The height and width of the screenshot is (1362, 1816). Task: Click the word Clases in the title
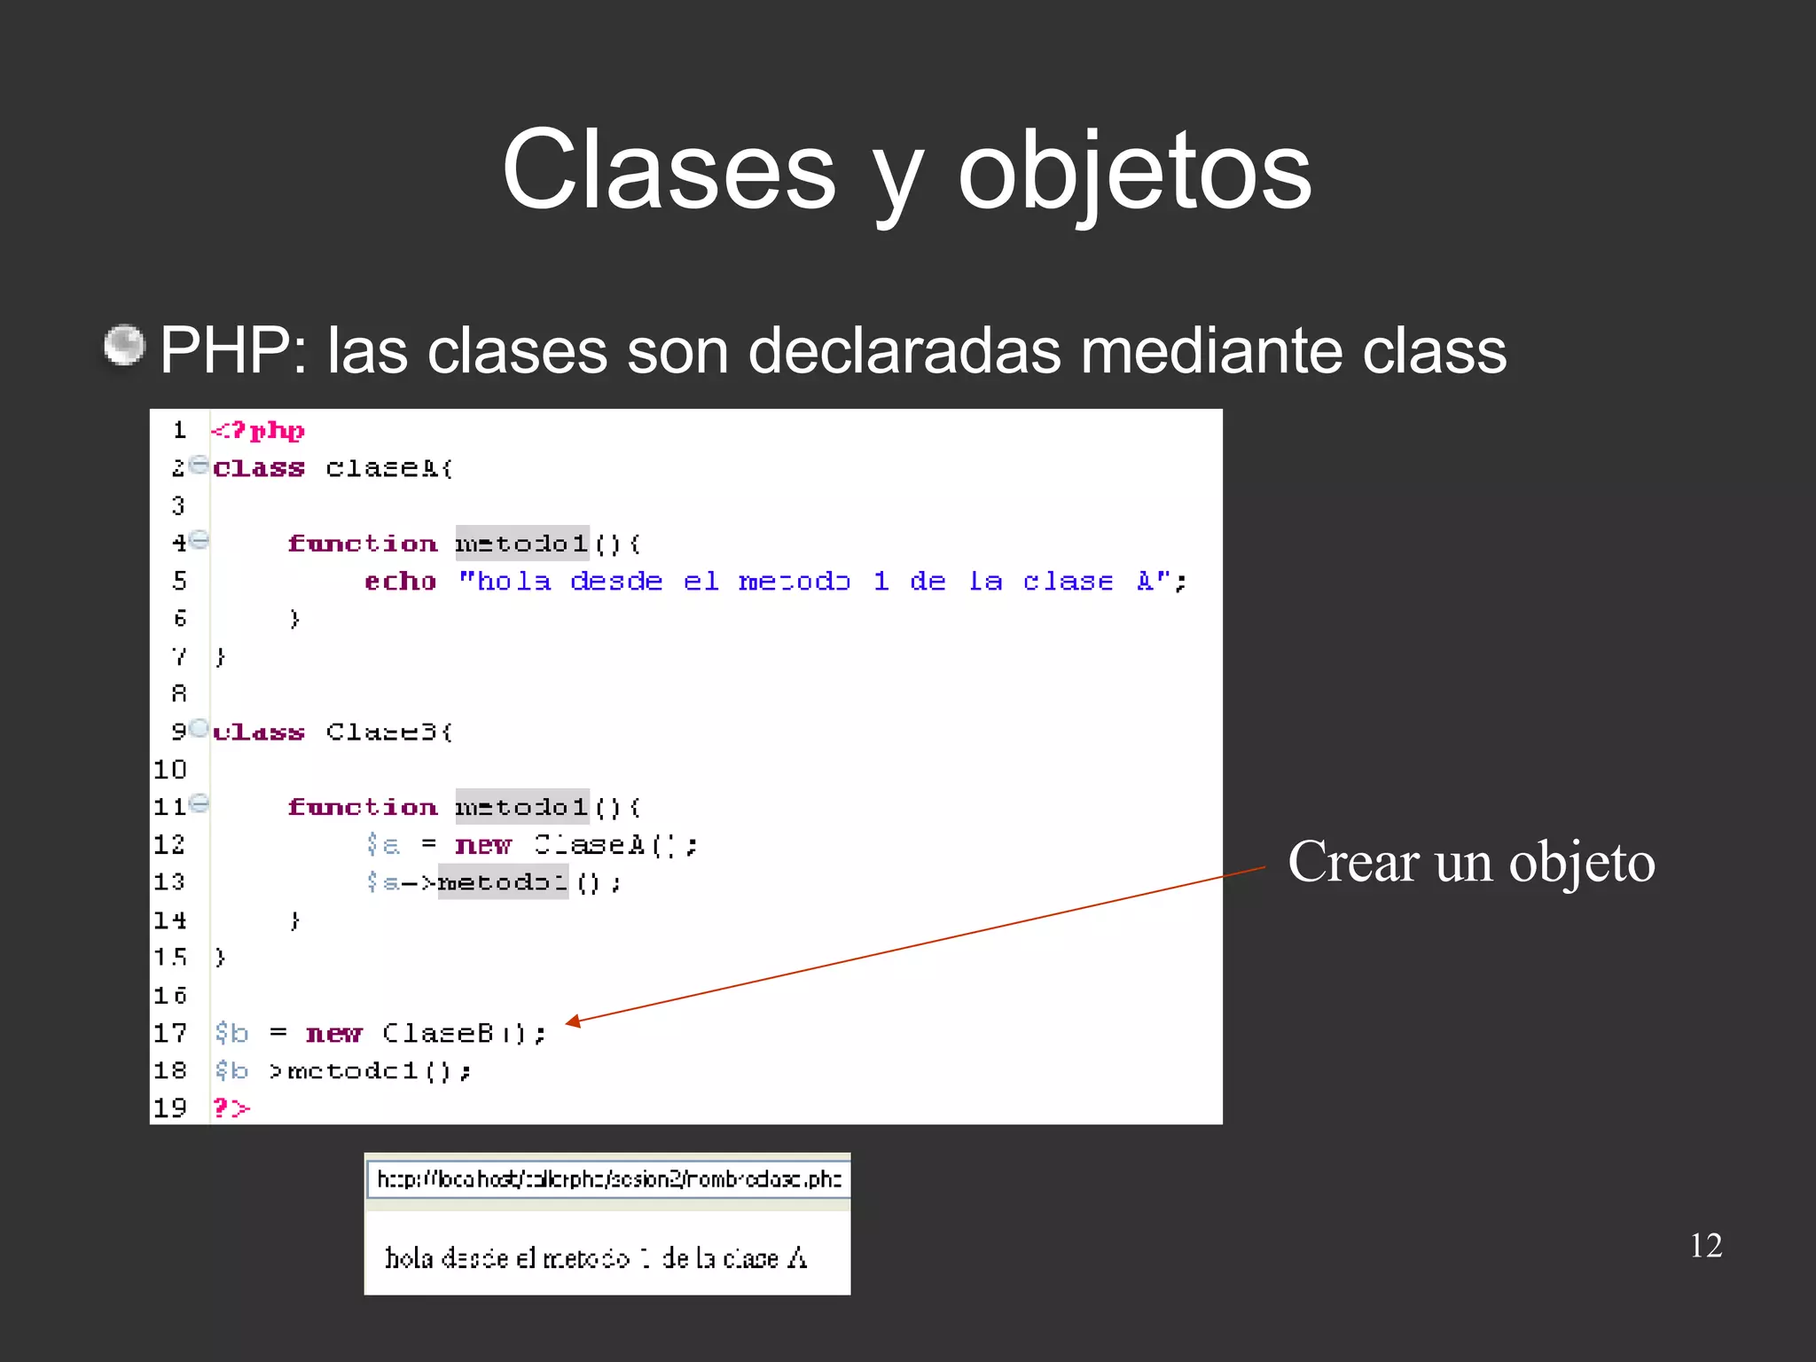pos(669,170)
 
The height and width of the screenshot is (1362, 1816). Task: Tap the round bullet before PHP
pos(124,345)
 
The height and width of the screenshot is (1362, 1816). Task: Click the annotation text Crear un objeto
pos(1471,862)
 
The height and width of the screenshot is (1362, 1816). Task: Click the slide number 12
pos(1705,1246)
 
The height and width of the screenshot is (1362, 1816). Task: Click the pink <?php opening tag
pos(258,431)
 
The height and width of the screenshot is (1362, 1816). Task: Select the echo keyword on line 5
pos(401,582)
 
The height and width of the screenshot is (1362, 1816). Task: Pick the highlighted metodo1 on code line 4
pos(521,543)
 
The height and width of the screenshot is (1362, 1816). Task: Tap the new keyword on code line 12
pos(483,845)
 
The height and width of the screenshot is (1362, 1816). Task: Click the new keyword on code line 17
pos(333,1034)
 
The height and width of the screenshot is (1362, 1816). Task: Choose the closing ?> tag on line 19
pos(231,1108)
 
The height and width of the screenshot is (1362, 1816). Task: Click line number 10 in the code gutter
pos(170,770)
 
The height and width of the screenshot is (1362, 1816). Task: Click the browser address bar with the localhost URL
pos(608,1179)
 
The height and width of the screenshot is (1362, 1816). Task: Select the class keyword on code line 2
pos(259,468)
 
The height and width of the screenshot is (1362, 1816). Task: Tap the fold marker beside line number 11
pos(200,804)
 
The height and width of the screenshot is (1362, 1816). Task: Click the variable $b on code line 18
pos(231,1071)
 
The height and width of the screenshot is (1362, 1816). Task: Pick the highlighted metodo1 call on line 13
pos(503,882)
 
